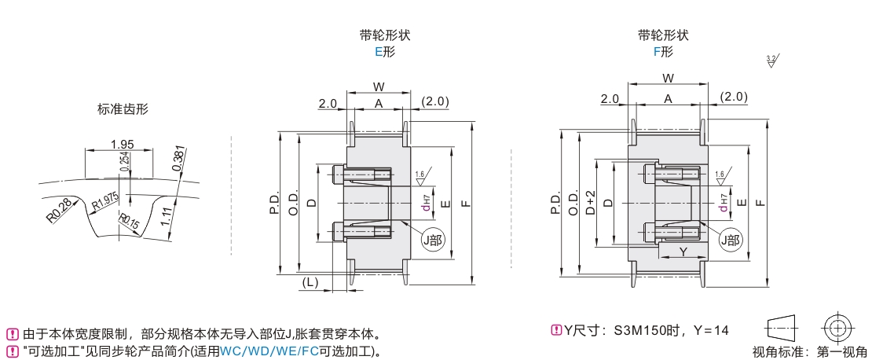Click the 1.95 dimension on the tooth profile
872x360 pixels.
[121, 144]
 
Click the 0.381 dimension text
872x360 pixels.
[179, 160]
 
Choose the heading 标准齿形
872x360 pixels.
[123, 110]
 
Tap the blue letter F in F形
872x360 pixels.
[657, 53]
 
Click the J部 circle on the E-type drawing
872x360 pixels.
[433, 241]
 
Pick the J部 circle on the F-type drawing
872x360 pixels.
[731, 241]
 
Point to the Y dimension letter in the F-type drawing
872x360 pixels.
[682, 252]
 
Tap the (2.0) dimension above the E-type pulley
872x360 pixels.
[434, 101]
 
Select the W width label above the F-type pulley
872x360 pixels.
[668, 79]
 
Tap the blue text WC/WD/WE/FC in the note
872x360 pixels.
[269, 350]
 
